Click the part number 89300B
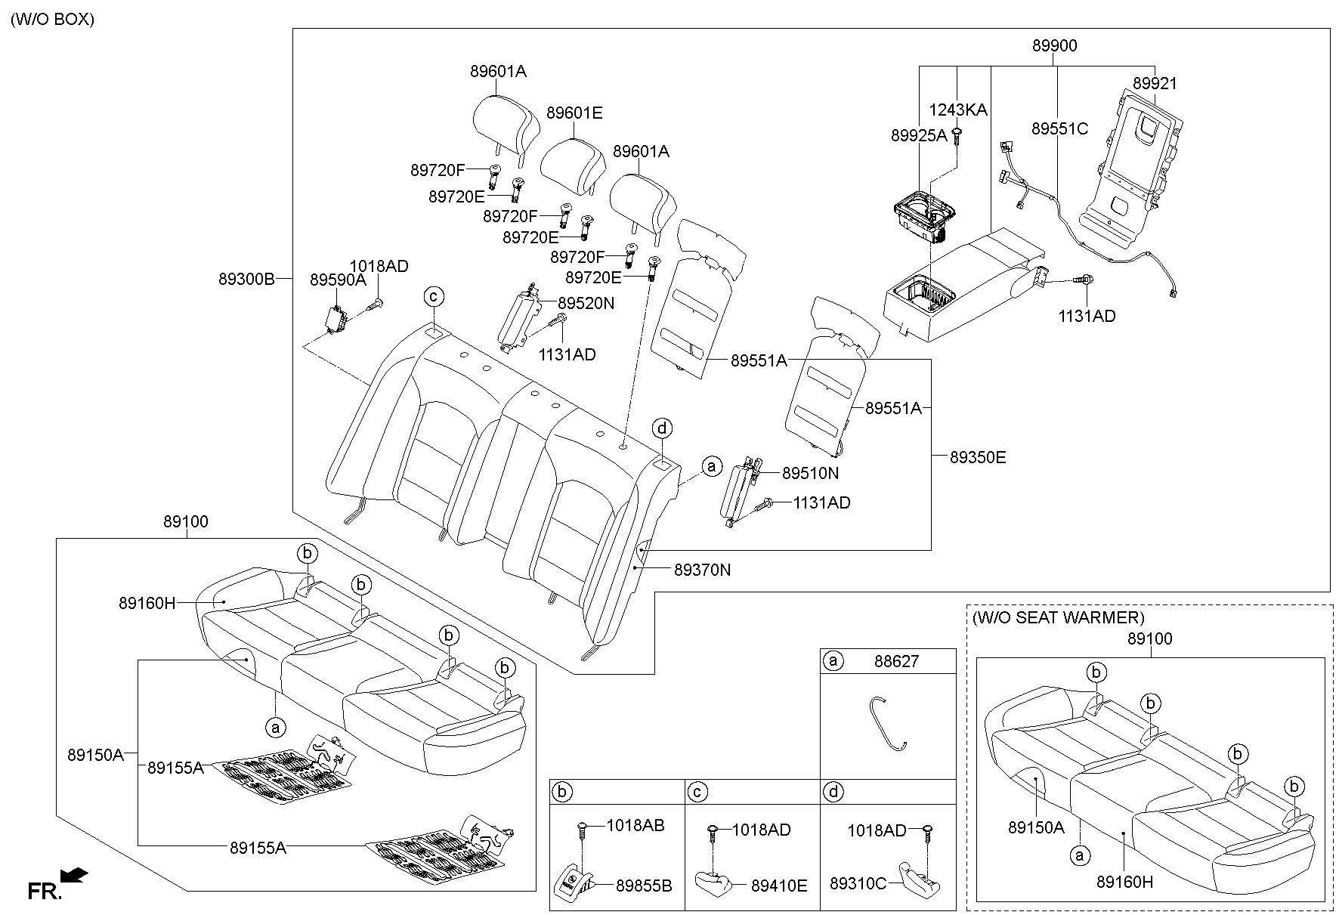[x=246, y=279]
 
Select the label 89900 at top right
[x=1054, y=46]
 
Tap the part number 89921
[x=1154, y=84]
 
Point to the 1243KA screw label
[x=957, y=110]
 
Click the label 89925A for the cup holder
[x=918, y=136]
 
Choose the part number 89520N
[x=586, y=304]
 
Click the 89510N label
[x=810, y=474]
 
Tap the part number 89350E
[x=978, y=458]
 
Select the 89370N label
[x=702, y=570]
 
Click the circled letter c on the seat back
[x=434, y=296]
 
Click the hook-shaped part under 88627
[x=887, y=722]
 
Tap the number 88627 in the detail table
[x=896, y=662]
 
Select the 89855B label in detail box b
[x=643, y=886]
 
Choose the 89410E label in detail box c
[x=778, y=886]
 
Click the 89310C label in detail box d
[x=858, y=883]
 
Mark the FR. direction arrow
[x=74, y=876]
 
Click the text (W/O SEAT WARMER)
[x=1058, y=618]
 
